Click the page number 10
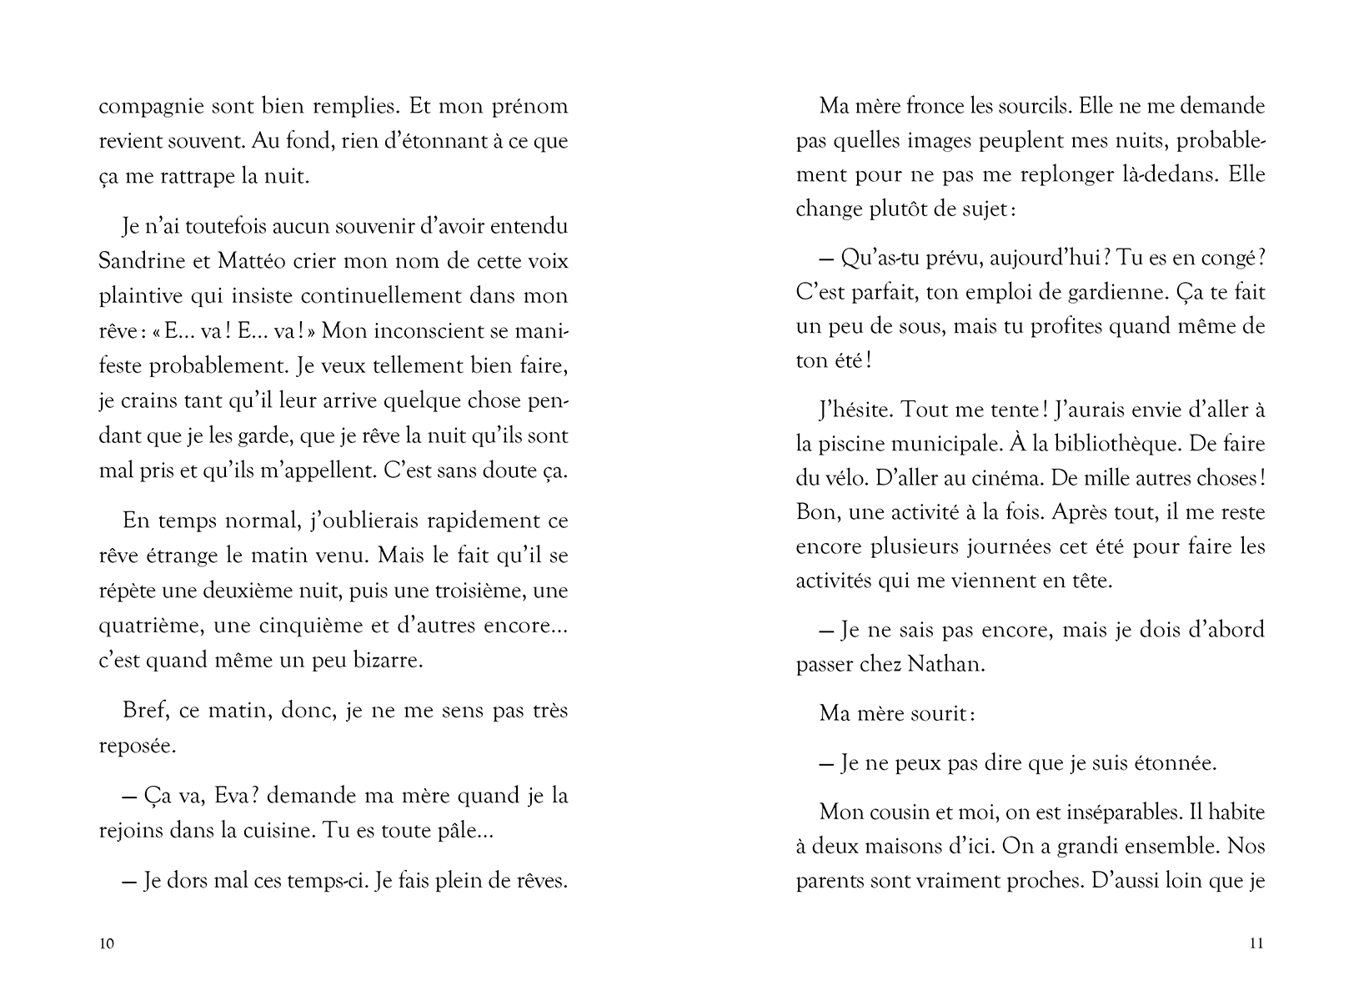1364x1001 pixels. [106, 944]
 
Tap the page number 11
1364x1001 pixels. [1257, 944]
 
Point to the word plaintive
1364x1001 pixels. [138, 296]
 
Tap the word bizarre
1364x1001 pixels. [391, 661]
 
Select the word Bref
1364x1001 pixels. [143, 711]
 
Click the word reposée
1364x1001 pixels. [137, 746]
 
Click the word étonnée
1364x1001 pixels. [1174, 763]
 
